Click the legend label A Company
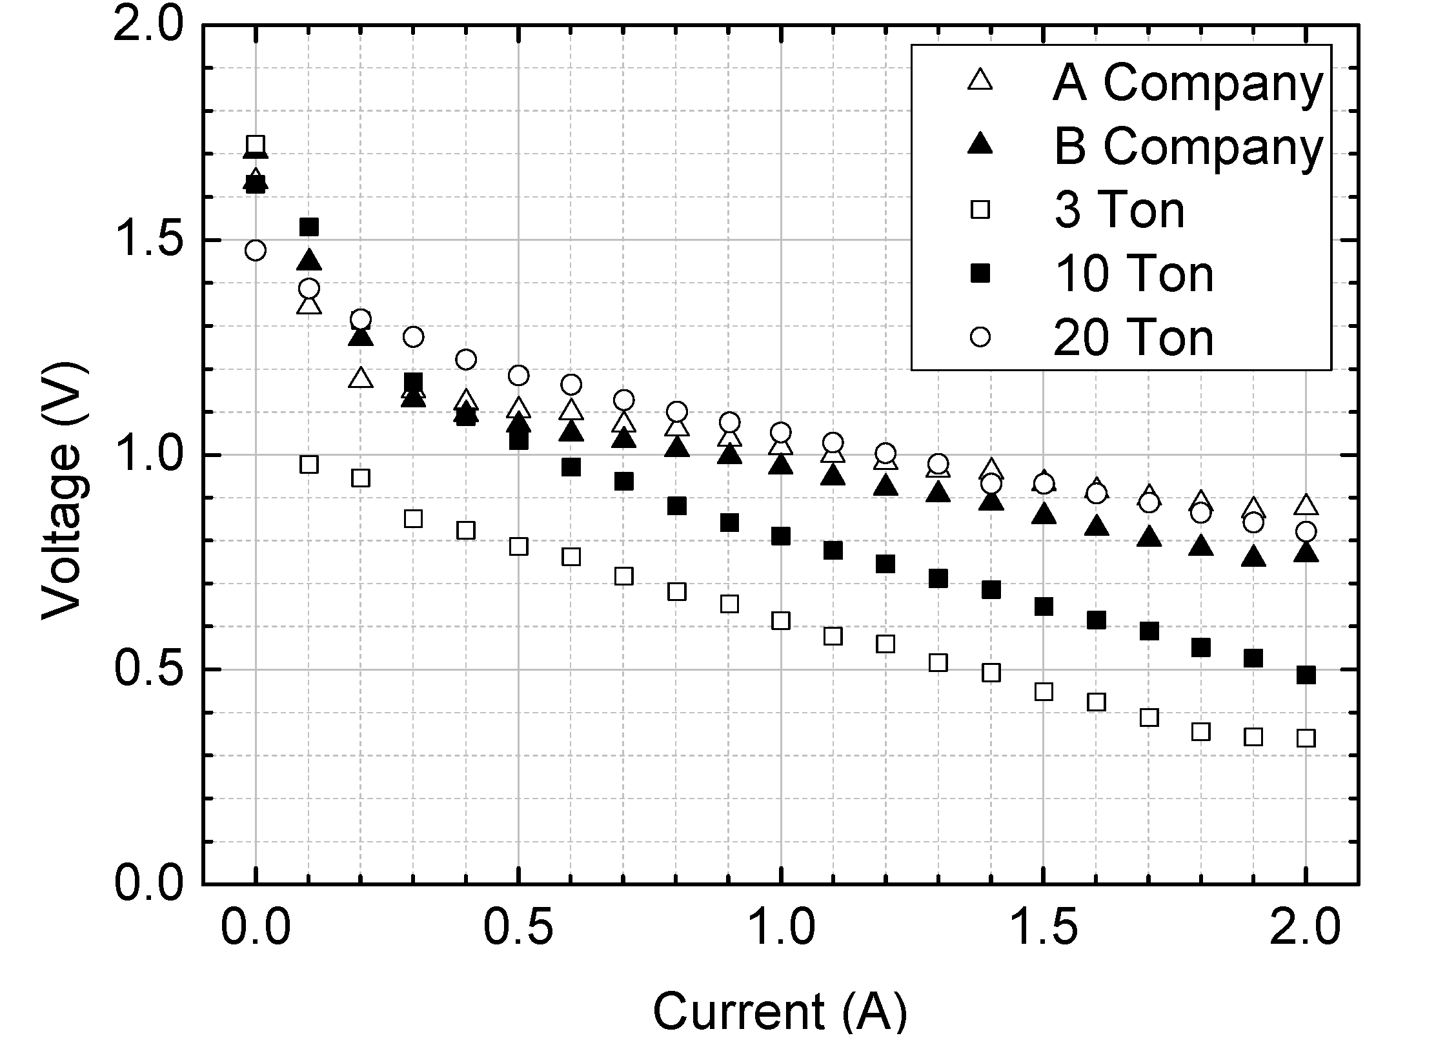(x=1187, y=83)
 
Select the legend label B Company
(x=1187, y=147)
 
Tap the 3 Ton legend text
(x=1119, y=210)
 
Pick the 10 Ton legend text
(x=1133, y=274)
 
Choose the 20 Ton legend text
(x=1133, y=338)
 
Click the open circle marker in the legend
(x=980, y=337)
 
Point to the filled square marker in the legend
(x=980, y=274)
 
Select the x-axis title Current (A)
(x=780, y=1012)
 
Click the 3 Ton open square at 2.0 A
(x=1306, y=738)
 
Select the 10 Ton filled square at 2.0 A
(x=1306, y=675)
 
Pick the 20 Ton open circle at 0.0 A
(x=256, y=250)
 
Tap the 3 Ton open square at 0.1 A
(x=309, y=464)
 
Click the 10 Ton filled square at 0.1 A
(x=309, y=227)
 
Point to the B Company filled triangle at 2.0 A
(x=1306, y=553)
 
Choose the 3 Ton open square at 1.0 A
(x=781, y=620)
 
